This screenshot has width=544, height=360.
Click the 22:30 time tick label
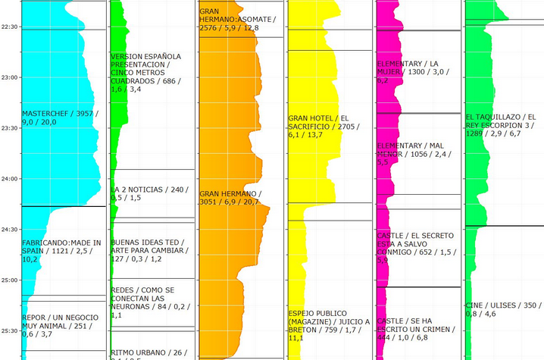pos(10,27)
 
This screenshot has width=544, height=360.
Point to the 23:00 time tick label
pos(10,77)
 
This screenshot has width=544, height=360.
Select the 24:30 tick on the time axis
pos(10,230)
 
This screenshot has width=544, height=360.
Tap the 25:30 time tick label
pos(10,331)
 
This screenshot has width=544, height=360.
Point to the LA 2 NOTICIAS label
pos(147,193)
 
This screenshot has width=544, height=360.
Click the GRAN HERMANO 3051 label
pos(230,198)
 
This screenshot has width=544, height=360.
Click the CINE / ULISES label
pos(501,309)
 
